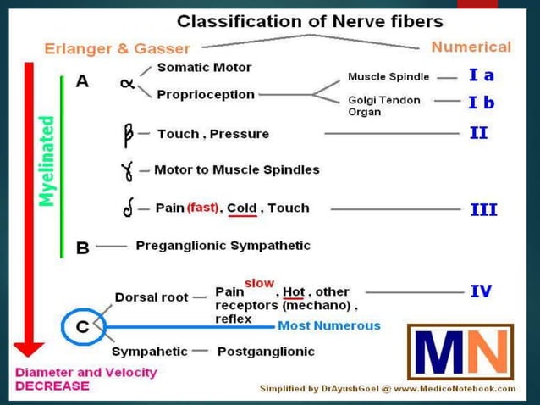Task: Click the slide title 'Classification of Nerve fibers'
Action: (310, 20)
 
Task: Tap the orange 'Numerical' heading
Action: (471, 47)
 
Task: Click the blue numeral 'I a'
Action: (481, 75)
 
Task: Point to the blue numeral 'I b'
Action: (481, 103)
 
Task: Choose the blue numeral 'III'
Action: (483, 209)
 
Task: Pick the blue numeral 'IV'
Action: (481, 291)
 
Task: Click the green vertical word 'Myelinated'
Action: (47, 161)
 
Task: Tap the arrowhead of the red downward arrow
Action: (30, 347)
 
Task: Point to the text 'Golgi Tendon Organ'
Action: (383, 106)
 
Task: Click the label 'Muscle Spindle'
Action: (388, 76)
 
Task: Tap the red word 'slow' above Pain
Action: (258, 282)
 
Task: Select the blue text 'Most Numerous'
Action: (329, 325)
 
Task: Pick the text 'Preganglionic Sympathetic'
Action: (223, 246)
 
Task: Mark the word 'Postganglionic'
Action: (265, 351)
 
